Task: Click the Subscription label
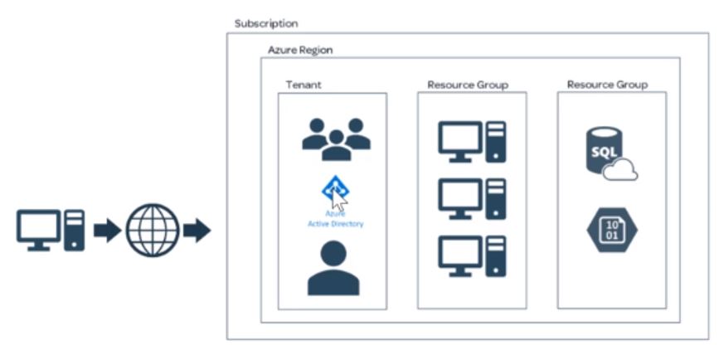click(x=265, y=24)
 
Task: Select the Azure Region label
click(x=299, y=51)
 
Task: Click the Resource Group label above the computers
click(x=467, y=85)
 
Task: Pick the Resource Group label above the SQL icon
click(x=607, y=85)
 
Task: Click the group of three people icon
click(x=335, y=139)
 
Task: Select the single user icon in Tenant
click(x=333, y=268)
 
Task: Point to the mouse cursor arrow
click(x=339, y=199)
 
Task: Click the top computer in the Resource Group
click(x=471, y=142)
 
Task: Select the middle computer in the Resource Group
click(x=471, y=200)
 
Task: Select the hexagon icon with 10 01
click(x=610, y=230)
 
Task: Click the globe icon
click(x=152, y=230)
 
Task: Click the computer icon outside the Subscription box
click(x=51, y=230)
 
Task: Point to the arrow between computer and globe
click(x=107, y=231)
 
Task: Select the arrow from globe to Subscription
click(x=197, y=231)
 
